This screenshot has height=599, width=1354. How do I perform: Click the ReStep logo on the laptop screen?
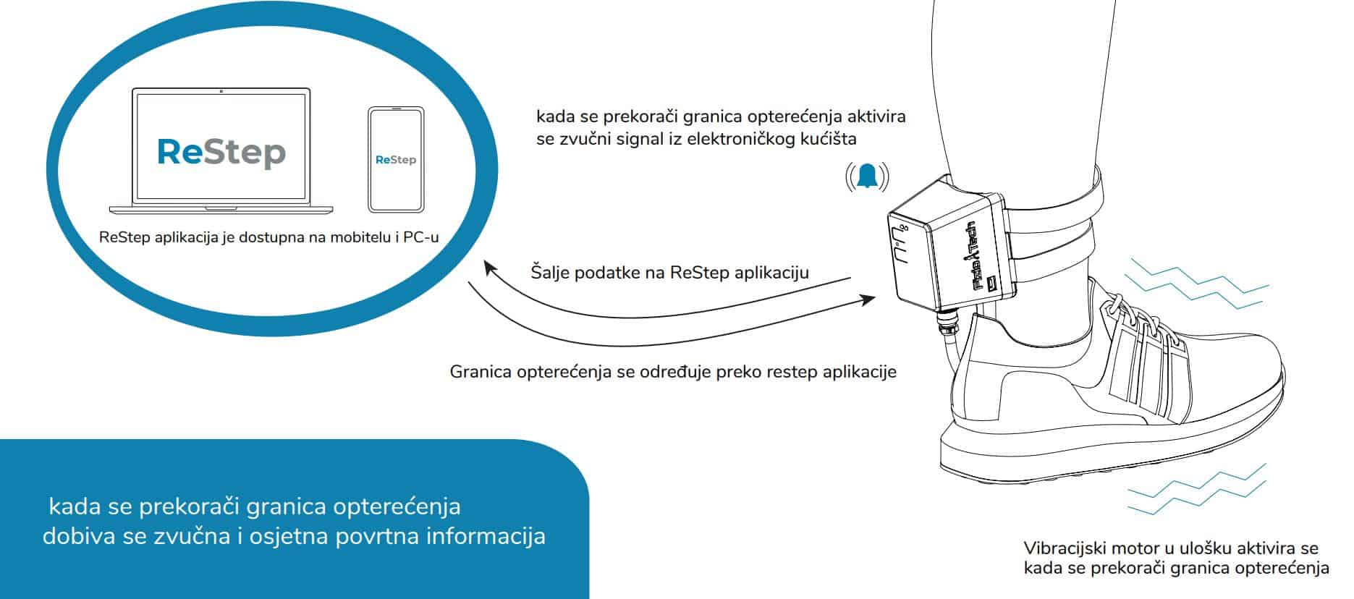point(221,152)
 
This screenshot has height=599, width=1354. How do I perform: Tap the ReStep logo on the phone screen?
point(396,159)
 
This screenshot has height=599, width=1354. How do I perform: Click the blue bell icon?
point(867,177)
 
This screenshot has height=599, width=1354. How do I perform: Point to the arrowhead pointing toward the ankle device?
point(867,299)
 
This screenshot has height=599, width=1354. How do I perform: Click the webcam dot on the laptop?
point(221,92)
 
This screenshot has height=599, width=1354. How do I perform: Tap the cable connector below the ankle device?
point(945,323)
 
